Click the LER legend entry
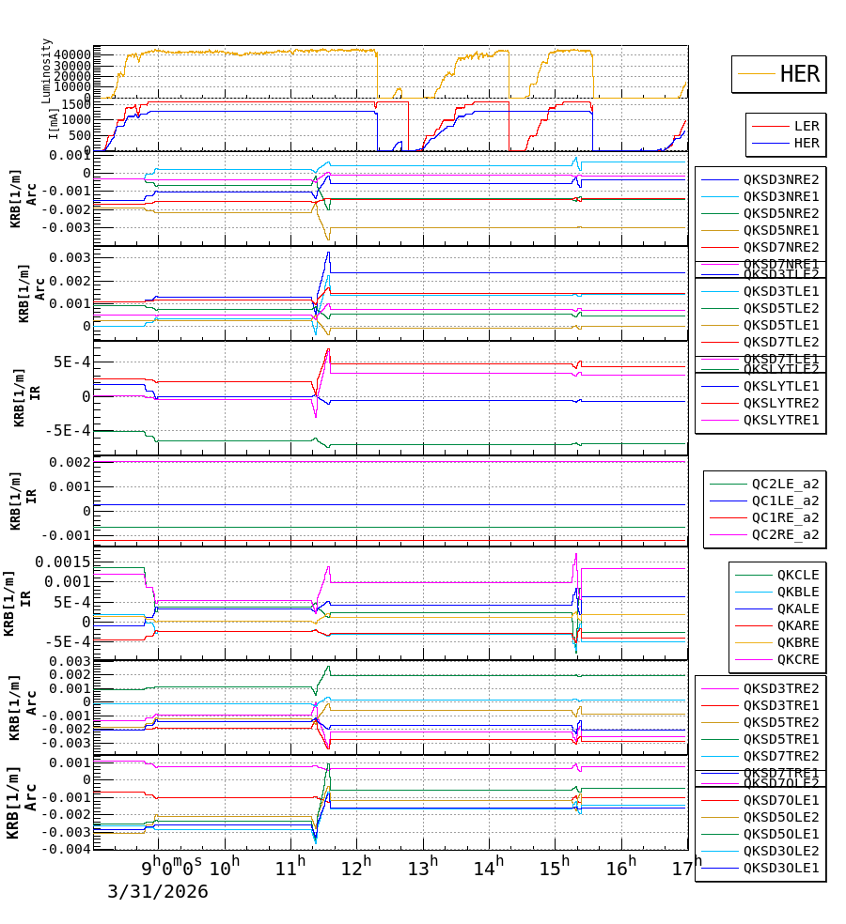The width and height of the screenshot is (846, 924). point(806,126)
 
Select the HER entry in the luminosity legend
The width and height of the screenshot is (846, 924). point(799,74)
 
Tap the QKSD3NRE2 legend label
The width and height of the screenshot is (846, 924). point(780,179)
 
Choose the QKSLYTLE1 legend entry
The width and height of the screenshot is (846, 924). point(780,386)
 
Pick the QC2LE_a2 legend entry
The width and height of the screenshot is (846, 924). point(784,484)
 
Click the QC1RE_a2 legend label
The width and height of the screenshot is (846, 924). point(784,517)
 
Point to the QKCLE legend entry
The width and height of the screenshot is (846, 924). point(797,575)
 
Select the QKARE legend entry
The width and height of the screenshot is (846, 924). point(797,625)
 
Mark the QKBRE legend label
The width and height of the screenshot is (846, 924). point(797,642)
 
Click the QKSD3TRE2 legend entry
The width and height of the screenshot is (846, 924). point(780,688)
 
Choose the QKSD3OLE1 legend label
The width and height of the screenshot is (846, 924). point(780,868)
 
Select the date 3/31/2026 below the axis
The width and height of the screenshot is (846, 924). point(157,891)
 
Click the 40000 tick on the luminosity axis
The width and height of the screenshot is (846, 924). point(71,54)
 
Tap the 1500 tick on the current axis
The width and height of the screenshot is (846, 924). point(75,105)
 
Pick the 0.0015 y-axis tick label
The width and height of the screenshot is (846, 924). point(63,562)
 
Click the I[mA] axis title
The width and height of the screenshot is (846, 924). point(54,122)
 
